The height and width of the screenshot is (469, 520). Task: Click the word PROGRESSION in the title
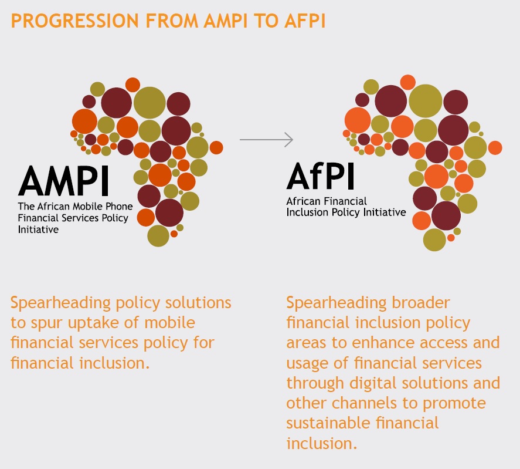(75, 21)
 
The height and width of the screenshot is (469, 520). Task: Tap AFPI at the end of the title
(305, 21)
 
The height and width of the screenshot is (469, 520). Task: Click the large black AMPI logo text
(63, 181)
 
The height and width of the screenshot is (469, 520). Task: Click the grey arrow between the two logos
(266, 140)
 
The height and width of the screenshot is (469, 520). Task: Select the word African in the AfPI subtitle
(304, 201)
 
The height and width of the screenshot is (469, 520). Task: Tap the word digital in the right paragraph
(372, 383)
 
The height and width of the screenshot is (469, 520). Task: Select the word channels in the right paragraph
(365, 403)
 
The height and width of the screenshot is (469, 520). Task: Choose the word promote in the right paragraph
(454, 404)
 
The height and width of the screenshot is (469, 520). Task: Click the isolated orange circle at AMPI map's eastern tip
(216, 147)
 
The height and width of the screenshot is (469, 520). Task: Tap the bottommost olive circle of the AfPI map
(434, 240)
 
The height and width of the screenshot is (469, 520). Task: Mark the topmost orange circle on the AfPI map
(408, 82)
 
